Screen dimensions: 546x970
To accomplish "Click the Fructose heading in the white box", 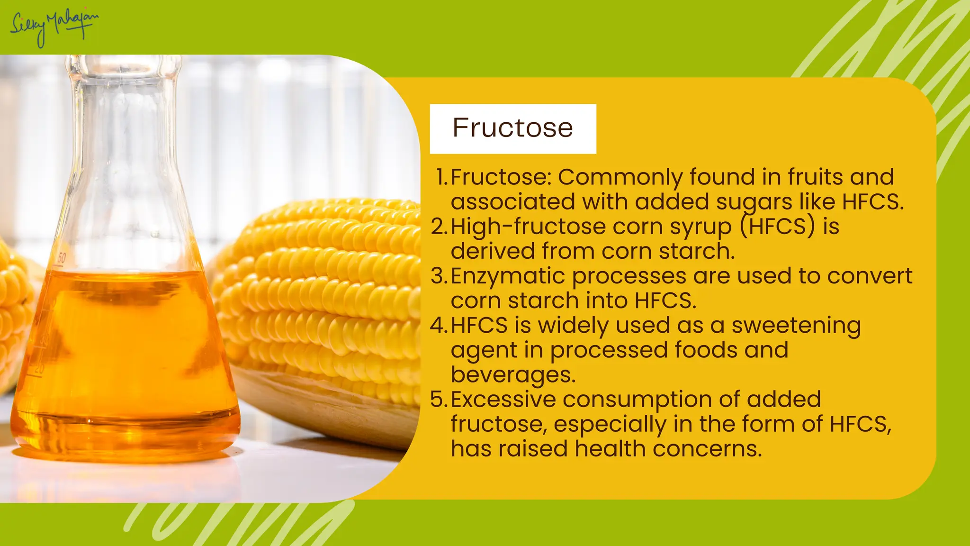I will pyautogui.click(x=512, y=128).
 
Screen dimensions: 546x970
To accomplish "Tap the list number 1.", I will pyautogui.click(x=441, y=177).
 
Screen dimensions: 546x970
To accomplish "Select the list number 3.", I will pyautogui.click(x=439, y=276).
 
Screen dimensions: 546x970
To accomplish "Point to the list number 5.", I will pyautogui.click(x=439, y=400).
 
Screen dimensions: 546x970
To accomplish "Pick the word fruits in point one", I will pyautogui.click(x=815, y=177).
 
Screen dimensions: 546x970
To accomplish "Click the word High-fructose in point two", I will pyautogui.click(x=528, y=227).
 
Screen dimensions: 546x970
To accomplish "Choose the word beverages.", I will pyautogui.click(x=513, y=375).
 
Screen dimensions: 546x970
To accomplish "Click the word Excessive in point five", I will pyautogui.click(x=503, y=400).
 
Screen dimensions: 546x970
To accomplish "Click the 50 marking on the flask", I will pyautogui.click(x=62, y=258).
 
